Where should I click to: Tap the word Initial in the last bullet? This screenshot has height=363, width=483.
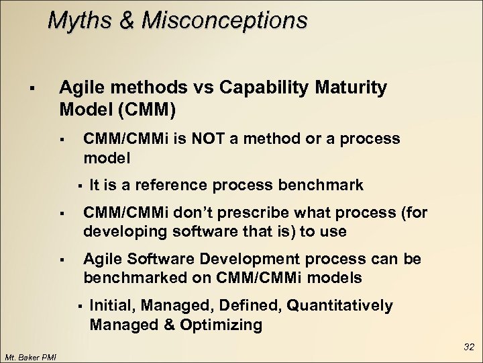111,306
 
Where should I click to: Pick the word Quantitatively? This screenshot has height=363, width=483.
339,306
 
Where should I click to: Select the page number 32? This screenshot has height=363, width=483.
468,348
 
